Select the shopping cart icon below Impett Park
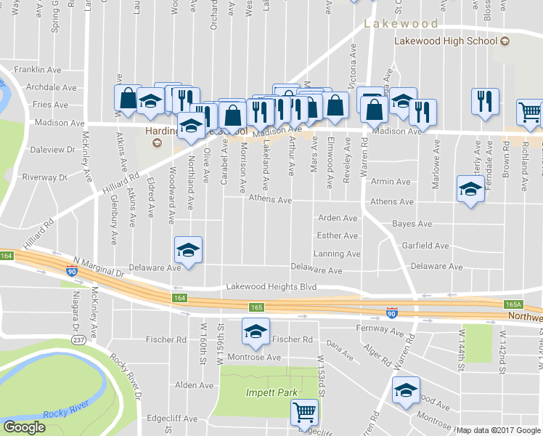[x=305, y=412]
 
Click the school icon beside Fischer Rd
[x=255, y=332]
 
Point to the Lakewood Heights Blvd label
[x=271, y=287]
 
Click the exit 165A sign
[x=513, y=305]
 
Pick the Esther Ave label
[x=338, y=235]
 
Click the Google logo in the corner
[x=24, y=428]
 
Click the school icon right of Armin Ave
[x=470, y=190]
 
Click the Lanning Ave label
[x=337, y=254]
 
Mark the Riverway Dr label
[x=45, y=177]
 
